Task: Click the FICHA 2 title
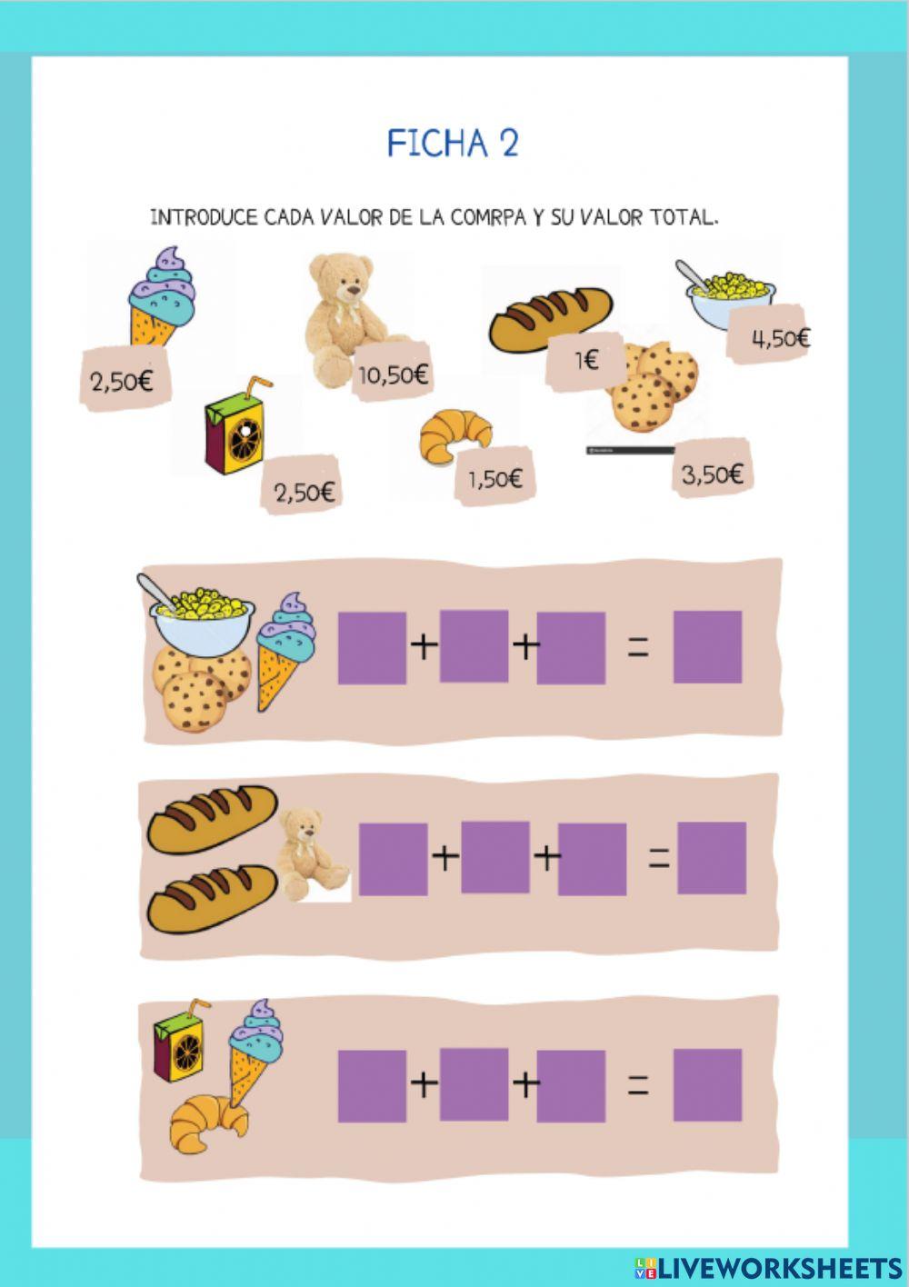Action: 453,143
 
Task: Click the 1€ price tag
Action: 585,361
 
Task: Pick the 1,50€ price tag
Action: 494,476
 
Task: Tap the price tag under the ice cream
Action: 125,379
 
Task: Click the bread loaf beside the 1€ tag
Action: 551,319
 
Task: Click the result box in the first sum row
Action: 707,647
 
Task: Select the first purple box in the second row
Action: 393,859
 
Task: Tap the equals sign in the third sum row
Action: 638,1085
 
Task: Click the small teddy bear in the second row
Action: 312,855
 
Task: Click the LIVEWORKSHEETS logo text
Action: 774,1268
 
